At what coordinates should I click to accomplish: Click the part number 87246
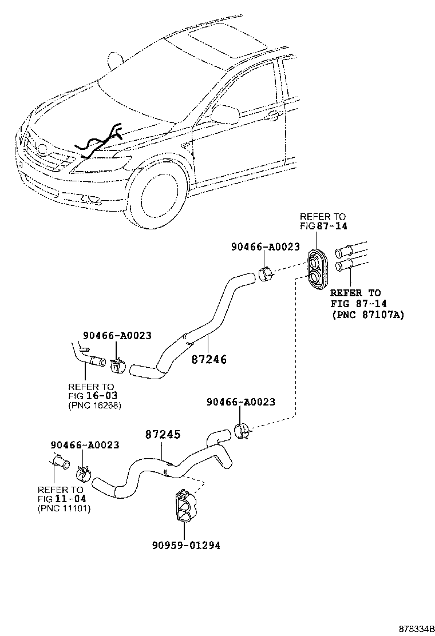click(209, 360)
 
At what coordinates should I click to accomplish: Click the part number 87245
click(162, 435)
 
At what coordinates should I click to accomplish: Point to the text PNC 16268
click(94, 406)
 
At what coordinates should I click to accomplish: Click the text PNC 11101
click(64, 508)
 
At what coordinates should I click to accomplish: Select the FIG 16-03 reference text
click(92, 396)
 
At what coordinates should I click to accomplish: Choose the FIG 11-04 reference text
click(62, 498)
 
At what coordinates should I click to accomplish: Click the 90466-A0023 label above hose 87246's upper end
click(265, 247)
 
